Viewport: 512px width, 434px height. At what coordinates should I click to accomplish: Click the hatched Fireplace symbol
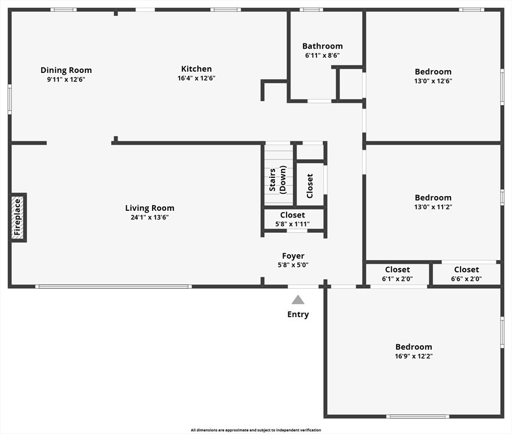pyautogui.click(x=18, y=218)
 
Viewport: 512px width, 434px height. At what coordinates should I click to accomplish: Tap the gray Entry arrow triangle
pyautogui.click(x=298, y=300)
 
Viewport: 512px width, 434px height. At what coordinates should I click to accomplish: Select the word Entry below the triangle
pyautogui.click(x=298, y=314)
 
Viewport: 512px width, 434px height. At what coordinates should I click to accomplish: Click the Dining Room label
pyautogui.click(x=66, y=70)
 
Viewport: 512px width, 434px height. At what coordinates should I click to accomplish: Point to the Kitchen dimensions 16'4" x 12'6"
pyautogui.click(x=196, y=78)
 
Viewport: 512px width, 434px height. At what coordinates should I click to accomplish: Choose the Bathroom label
pyautogui.click(x=322, y=46)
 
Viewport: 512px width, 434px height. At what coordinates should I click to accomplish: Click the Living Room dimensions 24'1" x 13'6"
pyautogui.click(x=150, y=217)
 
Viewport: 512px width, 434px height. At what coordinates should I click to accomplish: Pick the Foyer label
pyautogui.click(x=293, y=256)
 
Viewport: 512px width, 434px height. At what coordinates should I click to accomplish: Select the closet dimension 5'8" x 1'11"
pyautogui.click(x=293, y=224)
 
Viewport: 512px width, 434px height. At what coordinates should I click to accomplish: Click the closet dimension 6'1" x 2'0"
pyautogui.click(x=398, y=279)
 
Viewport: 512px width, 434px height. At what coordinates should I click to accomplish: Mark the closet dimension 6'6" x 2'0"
pyautogui.click(x=466, y=279)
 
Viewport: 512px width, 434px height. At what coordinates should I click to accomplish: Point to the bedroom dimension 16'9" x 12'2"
pyautogui.click(x=414, y=356)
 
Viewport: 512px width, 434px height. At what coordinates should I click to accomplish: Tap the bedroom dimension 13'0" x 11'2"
pyautogui.click(x=433, y=207)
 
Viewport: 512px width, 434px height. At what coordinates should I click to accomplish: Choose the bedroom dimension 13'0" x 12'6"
pyautogui.click(x=433, y=81)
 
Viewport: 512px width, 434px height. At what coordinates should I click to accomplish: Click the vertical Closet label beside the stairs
pyautogui.click(x=310, y=185)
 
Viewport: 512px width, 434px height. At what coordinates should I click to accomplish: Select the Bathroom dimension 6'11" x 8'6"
pyautogui.click(x=322, y=55)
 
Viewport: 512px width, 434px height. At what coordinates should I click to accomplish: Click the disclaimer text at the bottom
pyautogui.click(x=255, y=430)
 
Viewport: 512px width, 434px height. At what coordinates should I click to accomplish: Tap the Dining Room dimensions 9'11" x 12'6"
pyautogui.click(x=66, y=79)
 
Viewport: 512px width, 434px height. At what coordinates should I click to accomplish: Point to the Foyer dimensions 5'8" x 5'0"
pyautogui.click(x=293, y=264)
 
